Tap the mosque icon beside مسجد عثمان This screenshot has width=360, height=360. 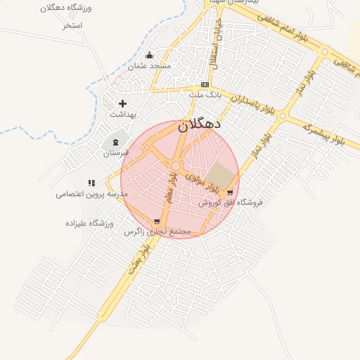(148, 56)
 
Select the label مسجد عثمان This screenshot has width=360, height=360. (149, 66)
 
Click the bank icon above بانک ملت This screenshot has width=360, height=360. (205, 84)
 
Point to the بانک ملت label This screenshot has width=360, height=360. (205, 94)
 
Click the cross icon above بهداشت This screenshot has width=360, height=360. (122, 103)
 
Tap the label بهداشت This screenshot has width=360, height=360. (122, 113)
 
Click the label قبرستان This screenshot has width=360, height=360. (116, 153)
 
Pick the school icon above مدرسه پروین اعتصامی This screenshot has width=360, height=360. (91, 183)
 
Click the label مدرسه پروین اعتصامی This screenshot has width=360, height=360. (91, 193)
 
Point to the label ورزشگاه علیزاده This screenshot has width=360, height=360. (89, 223)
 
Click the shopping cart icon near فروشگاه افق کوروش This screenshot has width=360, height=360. (230, 192)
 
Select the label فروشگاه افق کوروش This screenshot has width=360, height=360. (229, 202)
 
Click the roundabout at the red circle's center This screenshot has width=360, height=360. (176, 166)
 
